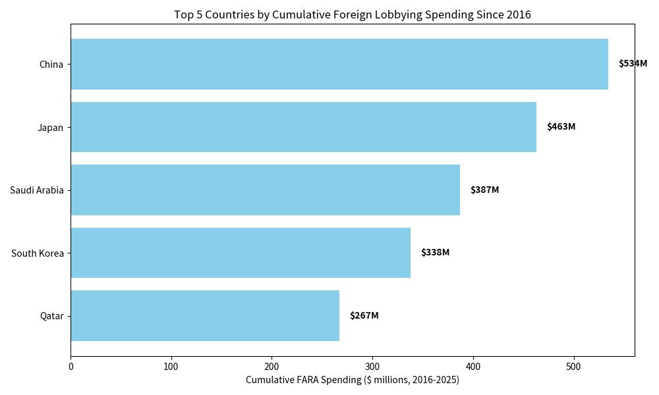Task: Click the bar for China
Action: click(x=339, y=64)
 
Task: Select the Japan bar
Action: click(x=303, y=127)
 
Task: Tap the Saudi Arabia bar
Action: click(x=265, y=190)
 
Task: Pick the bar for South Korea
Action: click(x=241, y=253)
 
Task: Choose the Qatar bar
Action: click(x=205, y=315)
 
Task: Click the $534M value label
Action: click(x=633, y=64)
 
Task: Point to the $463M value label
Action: click(x=561, y=127)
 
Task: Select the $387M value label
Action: click(x=484, y=190)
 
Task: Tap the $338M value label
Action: click(x=435, y=253)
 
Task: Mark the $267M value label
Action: click(x=364, y=316)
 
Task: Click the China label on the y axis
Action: click(x=51, y=65)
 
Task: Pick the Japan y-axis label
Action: click(x=51, y=128)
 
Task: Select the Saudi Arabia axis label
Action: click(x=37, y=190)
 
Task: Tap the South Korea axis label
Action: click(x=38, y=253)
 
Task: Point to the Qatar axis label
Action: click(x=52, y=316)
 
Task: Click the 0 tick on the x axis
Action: click(x=71, y=366)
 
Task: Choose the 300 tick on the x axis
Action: click(x=372, y=366)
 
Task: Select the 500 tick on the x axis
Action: click(x=574, y=366)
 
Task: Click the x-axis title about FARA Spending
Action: click(x=353, y=380)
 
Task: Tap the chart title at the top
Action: click(x=353, y=14)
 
